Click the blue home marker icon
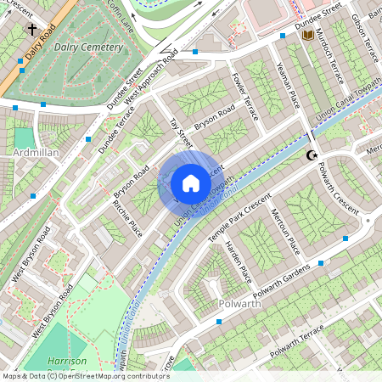pos(191,183)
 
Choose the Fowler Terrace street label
pos(244,95)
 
